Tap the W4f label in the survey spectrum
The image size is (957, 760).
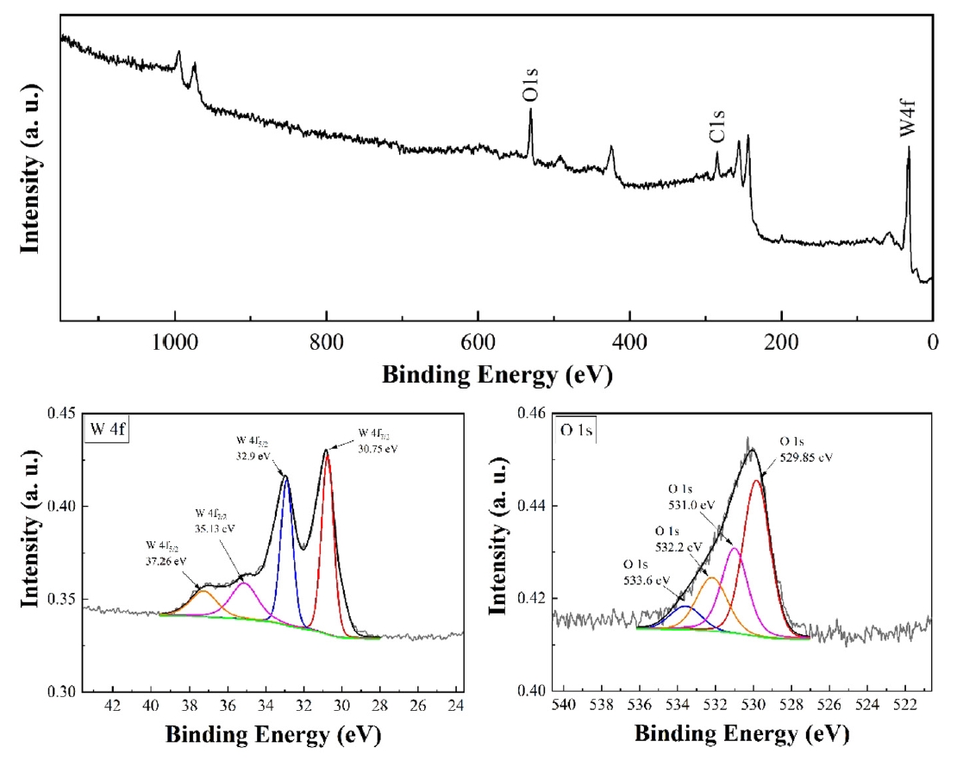[x=908, y=119]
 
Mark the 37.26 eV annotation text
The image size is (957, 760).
[x=165, y=553]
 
